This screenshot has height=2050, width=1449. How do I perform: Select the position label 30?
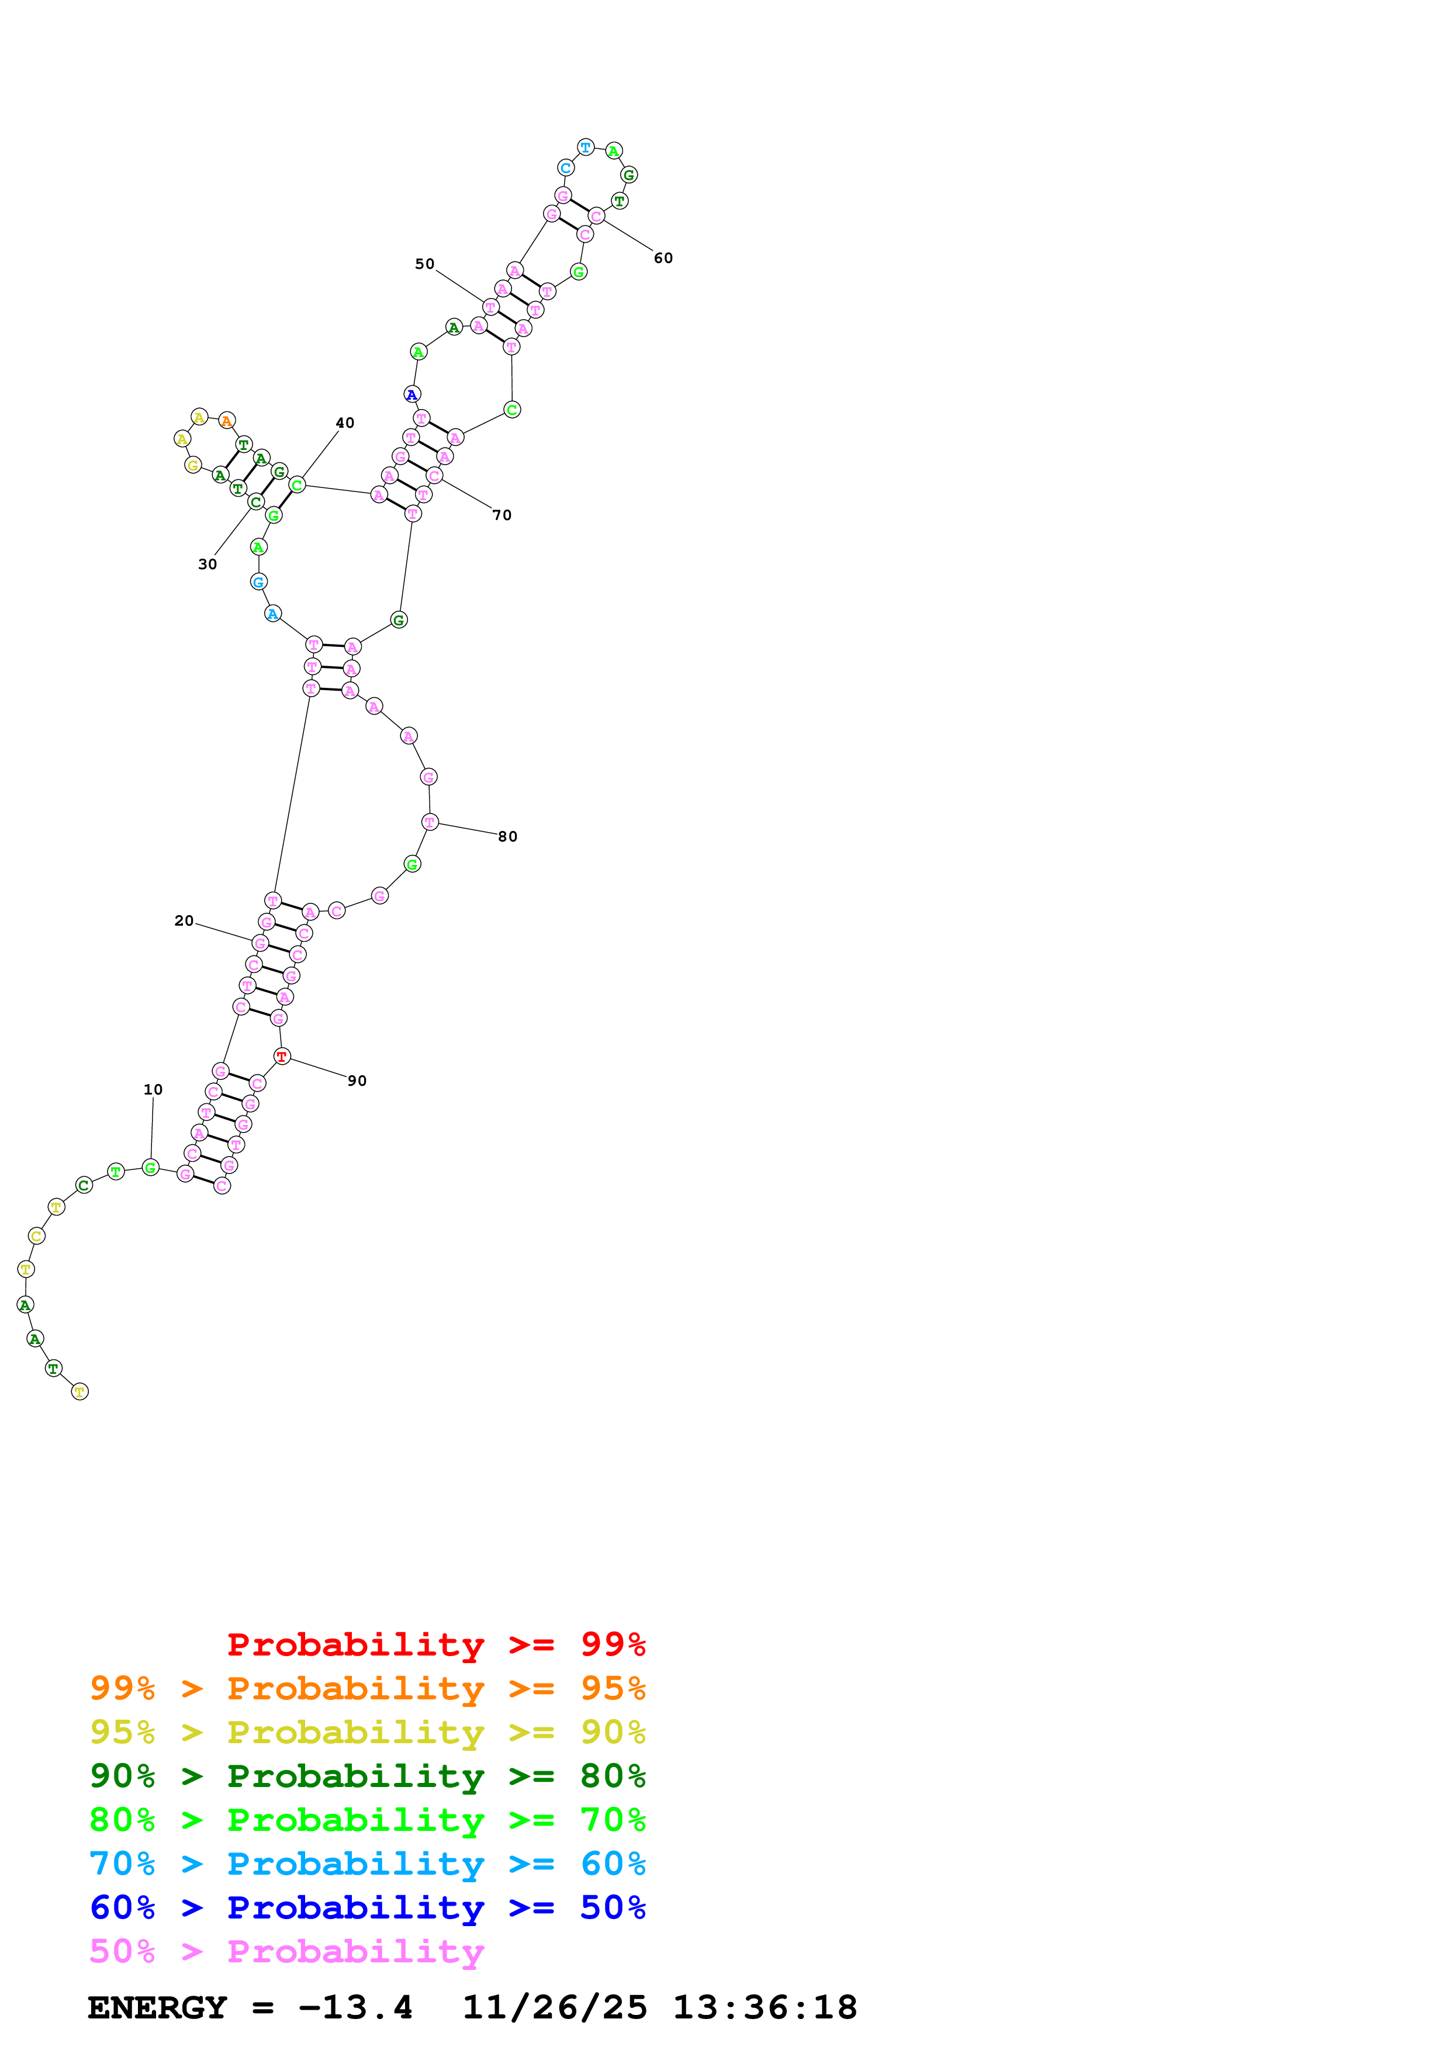coord(207,565)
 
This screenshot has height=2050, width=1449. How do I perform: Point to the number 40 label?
coord(345,423)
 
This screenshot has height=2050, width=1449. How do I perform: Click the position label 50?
coord(424,264)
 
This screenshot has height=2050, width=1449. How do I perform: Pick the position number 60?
coord(663,258)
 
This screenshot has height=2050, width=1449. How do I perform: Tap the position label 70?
coord(502,515)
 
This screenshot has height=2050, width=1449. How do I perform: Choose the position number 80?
coord(507,837)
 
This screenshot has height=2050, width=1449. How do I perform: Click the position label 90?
coord(357,1081)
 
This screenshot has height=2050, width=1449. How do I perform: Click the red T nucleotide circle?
coord(282,1057)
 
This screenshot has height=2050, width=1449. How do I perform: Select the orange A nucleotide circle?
coord(227,421)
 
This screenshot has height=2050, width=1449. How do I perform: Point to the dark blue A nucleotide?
coord(411,394)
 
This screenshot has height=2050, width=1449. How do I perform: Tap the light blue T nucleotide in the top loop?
coord(586,147)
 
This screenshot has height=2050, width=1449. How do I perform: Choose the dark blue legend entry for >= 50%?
coord(367,1907)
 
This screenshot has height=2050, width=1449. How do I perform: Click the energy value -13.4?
coord(355,2008)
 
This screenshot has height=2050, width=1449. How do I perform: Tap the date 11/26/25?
coord(555,2008)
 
